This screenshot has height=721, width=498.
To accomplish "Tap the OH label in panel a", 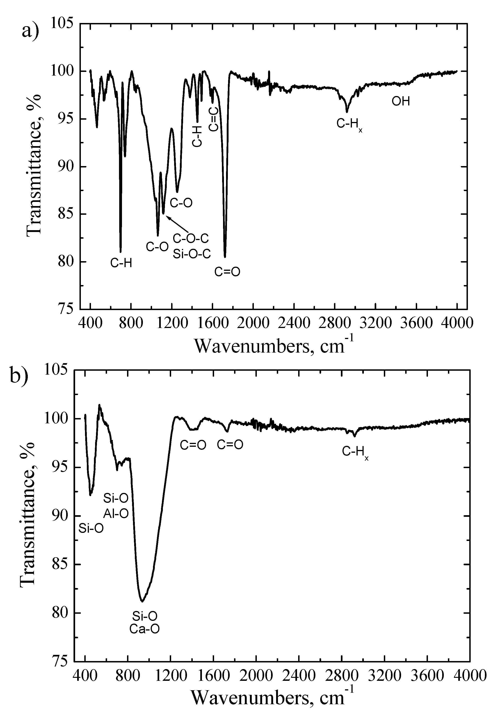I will (401, 101).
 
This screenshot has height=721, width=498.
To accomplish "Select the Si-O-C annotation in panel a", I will (192, 254).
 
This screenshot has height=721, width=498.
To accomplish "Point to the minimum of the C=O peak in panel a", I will (225, 257).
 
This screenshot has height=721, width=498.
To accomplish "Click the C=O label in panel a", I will (227, 272).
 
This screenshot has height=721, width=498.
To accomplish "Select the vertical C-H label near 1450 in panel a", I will (197, 137).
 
